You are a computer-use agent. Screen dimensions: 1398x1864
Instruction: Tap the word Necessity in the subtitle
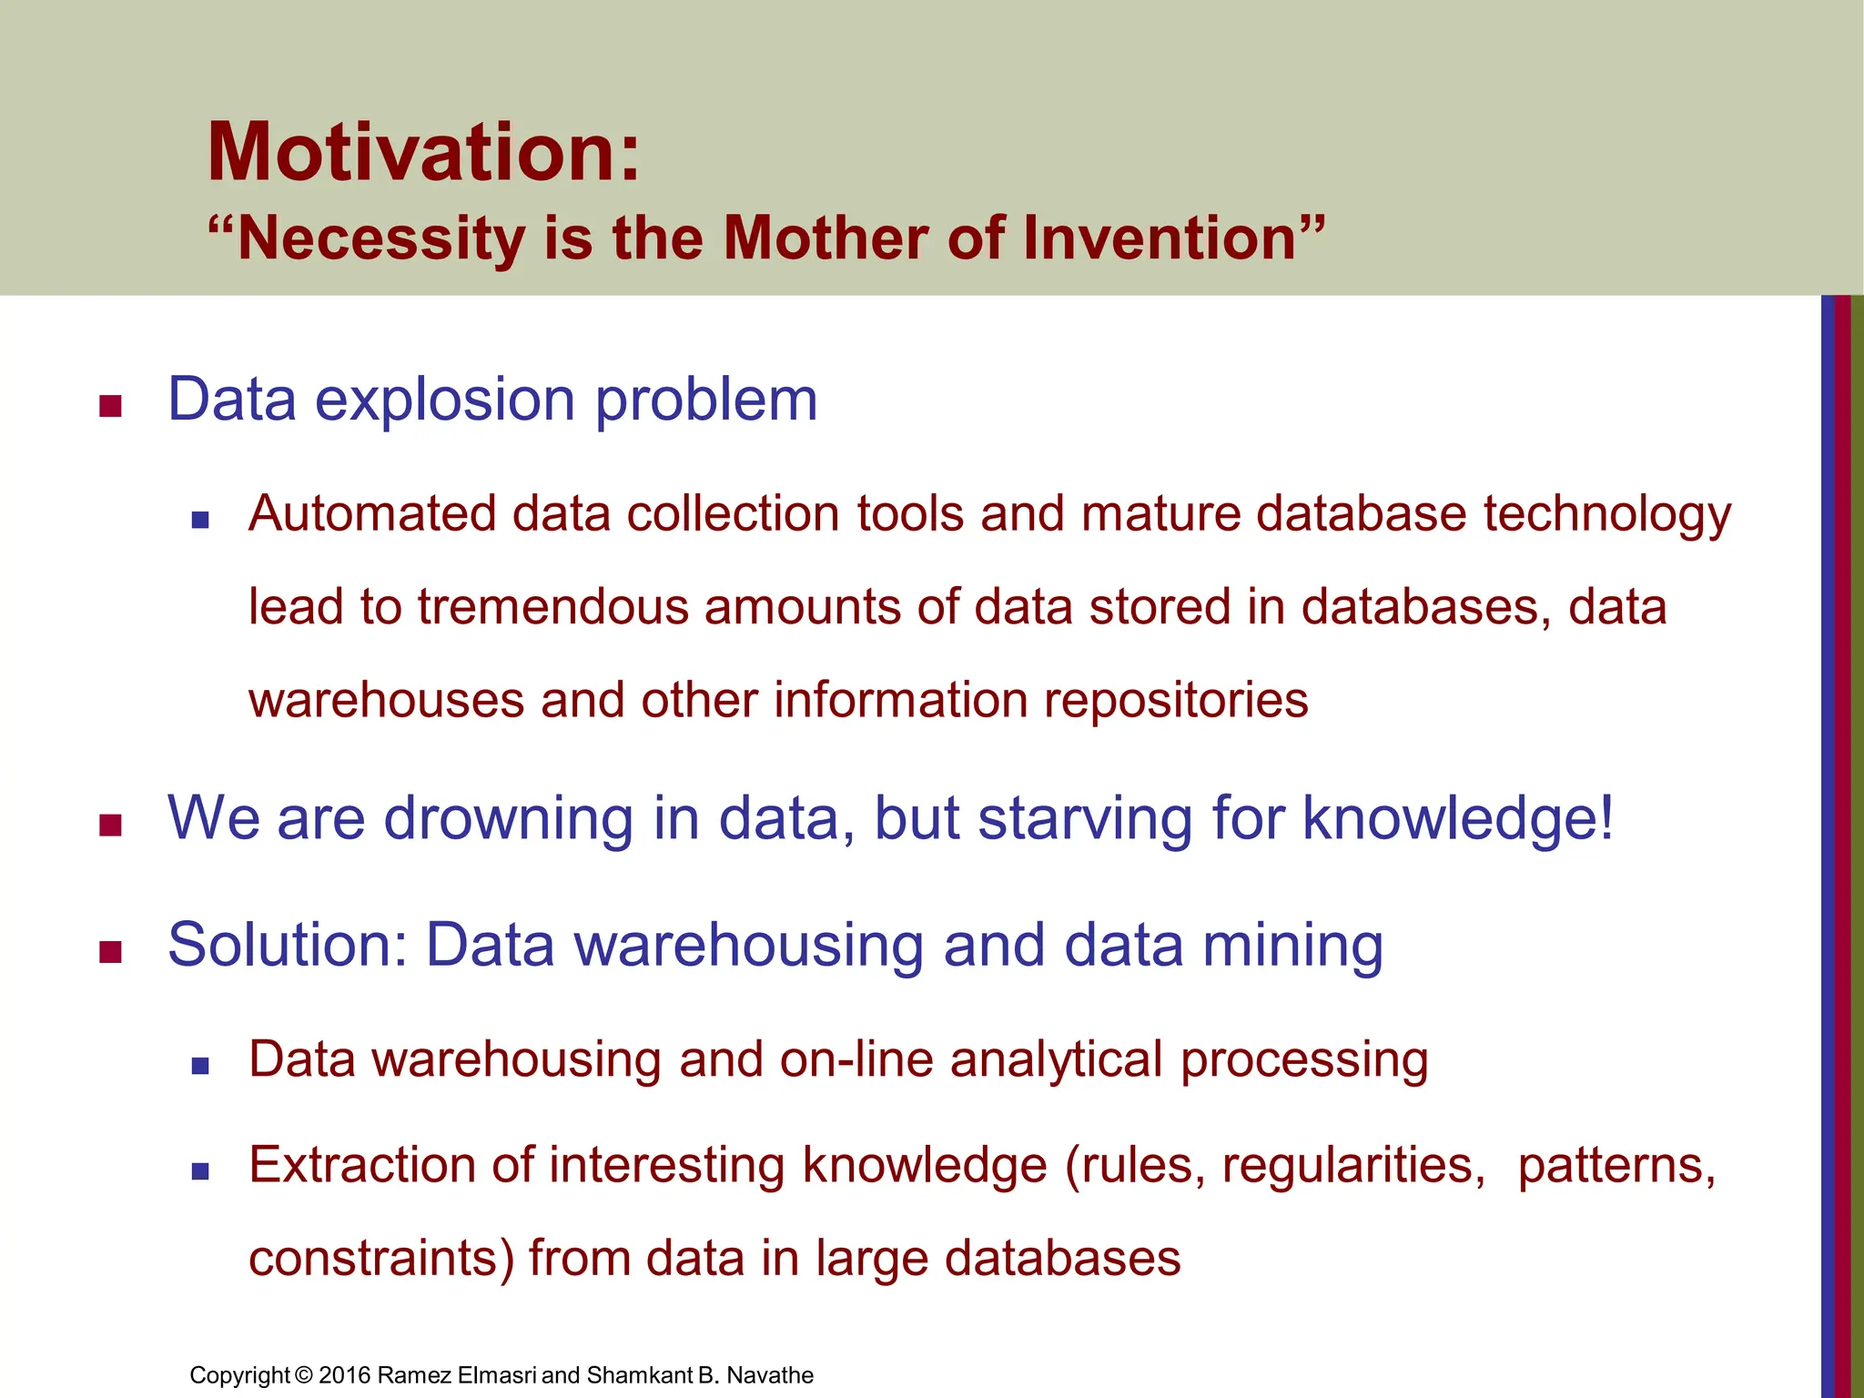(380, 238)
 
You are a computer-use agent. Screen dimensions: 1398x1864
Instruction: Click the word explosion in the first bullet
(445, 400)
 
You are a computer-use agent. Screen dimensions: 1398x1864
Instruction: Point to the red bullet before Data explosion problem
(111, 406)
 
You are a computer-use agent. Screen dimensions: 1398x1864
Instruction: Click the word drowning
(509, 819)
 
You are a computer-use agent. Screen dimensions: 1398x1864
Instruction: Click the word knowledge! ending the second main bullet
(1458, 819)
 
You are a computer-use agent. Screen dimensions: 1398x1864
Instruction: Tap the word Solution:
(288, 946)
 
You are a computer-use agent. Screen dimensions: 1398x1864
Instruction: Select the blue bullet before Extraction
(201, 1171)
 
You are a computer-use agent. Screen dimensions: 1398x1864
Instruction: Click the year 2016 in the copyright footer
(344, 1375)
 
